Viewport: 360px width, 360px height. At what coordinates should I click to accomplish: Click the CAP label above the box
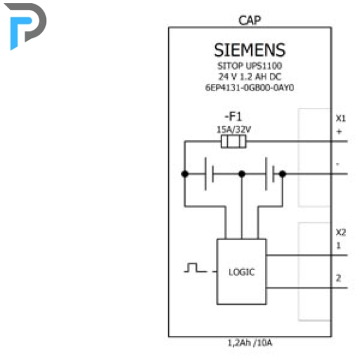pos(250,20)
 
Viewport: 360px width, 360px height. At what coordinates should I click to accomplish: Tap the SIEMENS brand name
pos(250,50)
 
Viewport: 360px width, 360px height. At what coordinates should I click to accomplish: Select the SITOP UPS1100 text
pos(250,66)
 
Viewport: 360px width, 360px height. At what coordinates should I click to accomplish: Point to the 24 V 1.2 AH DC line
pos(250,77)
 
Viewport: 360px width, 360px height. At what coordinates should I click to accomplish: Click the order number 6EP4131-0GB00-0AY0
pos(250,88)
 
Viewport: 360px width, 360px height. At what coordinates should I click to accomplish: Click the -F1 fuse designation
pos(233,117)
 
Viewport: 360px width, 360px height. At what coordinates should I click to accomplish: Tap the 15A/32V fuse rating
pos(233,130)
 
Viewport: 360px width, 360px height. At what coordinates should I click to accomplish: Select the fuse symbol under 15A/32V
pos(233,142)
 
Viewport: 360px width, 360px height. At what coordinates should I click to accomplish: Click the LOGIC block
pos(241,272)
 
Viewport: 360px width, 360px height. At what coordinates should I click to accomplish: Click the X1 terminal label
pos(341,119)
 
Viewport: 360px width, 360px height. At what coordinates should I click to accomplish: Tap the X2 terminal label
pos(341,232)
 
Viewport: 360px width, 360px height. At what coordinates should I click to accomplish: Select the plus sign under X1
pos(339,132)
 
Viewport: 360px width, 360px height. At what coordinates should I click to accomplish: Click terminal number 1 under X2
pos(338,246)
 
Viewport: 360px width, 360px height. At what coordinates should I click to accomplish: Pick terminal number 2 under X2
pos(338,278)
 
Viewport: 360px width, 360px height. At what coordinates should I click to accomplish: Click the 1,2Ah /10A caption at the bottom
pos(250,343)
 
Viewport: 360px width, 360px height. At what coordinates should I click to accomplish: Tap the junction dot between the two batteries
pos(242,174)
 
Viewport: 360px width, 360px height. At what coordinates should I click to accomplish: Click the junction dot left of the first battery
pos(185,174)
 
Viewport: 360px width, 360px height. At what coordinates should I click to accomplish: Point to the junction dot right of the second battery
pos(282,174)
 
